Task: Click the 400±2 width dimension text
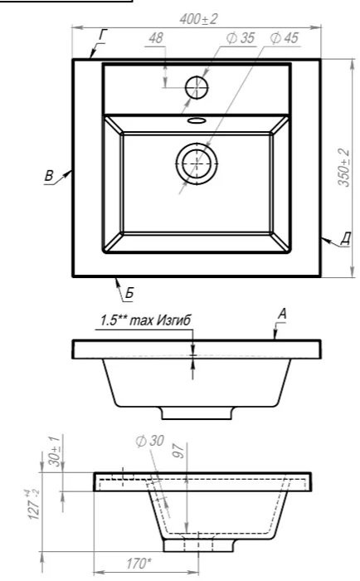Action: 198,19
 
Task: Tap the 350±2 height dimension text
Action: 343,168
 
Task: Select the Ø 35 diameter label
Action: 241,38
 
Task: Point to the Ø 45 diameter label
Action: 284,38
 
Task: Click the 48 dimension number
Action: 156,38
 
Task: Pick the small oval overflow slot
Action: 197,120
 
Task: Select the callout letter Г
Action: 103,36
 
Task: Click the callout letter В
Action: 49,176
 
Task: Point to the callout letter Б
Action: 129,294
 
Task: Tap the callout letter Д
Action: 346,238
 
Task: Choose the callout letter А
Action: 282,315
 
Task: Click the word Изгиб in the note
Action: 173,320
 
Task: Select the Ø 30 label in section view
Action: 149,441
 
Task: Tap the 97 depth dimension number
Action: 179,451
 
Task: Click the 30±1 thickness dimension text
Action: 54,452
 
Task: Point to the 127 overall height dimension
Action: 34,504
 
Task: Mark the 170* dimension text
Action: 139,564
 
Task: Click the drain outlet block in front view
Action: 197,413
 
